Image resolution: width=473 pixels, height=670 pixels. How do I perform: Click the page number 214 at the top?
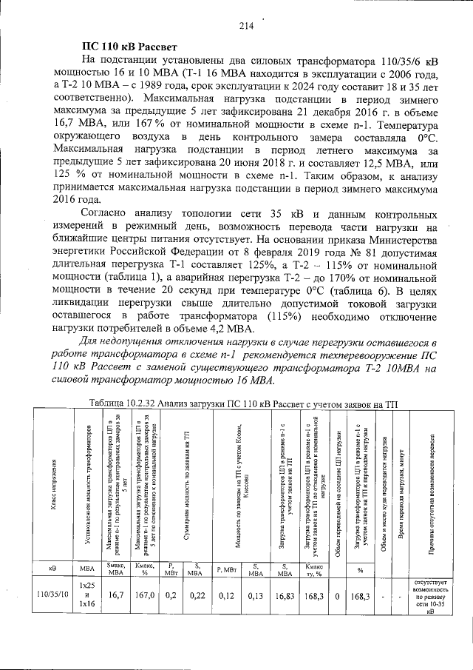click(x=246, y=26)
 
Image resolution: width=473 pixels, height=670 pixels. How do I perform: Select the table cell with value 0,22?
click(x=195, y=593)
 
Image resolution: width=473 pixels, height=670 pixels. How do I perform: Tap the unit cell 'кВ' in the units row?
click(x=52, y=567)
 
